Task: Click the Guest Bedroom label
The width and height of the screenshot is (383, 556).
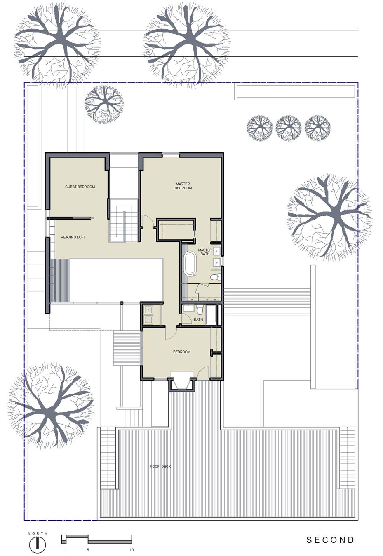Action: (80, 187)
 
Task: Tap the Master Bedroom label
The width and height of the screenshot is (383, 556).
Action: (183, 186)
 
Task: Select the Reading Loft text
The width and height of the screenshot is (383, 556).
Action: (73, 237)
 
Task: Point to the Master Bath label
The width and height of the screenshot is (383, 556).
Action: (205, 252)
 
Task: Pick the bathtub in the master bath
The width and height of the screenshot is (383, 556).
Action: (190, 263)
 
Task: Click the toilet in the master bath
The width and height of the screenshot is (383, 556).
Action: (215, 277)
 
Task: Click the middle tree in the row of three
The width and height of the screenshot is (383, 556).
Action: (289, 128)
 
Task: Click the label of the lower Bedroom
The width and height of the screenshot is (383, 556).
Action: (182, 352)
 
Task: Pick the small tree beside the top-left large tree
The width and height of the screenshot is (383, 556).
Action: (104, 105)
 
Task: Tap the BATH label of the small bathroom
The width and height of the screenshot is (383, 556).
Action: (198, 320)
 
